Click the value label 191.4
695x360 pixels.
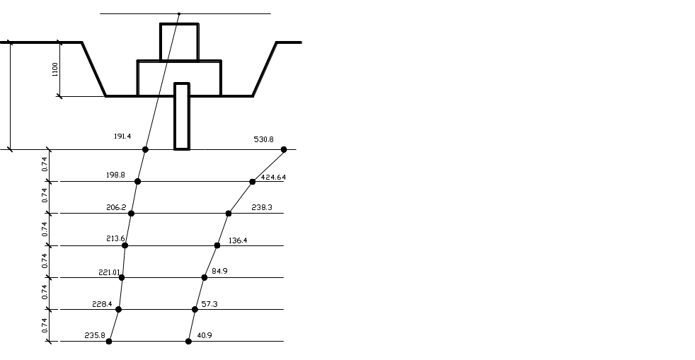click(x=122, y=137)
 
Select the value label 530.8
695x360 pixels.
click(x=264, y=139)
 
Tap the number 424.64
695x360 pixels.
click(x=273, y=177)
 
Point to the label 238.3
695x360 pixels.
click(x=262, y=207)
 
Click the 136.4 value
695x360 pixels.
click(x=238, y=240)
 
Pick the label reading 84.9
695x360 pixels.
click(x=220, y=271)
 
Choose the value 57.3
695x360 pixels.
click(x=209, y=304)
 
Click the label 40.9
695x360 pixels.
click(x=205, y=336)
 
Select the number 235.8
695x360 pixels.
click(x=95, y=336)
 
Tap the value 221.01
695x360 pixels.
click(x=109, y=272)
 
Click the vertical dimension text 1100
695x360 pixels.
click(x=55, y=69)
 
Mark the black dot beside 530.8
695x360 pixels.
click(x=284, y=150)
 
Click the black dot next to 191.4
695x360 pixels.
click(x=145, y=150)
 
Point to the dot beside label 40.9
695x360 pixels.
click(x=188, y=342)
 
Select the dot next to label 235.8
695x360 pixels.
click(x=109, y=342)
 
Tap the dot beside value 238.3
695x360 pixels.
click(x=229, y=214)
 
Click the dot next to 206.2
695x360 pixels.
click(x=131, y=214)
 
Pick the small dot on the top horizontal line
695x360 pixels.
click(x=179, y=13)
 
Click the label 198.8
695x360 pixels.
click(x=115, y=175)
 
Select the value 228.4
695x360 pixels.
click(x=103, y=304)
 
